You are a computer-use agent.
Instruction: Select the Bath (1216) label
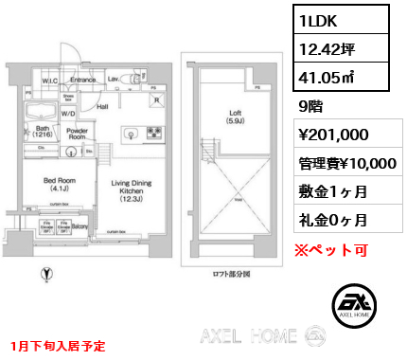point(42,132)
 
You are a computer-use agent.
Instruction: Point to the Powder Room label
point(78,133)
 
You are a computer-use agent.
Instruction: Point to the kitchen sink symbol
point(129,133)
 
